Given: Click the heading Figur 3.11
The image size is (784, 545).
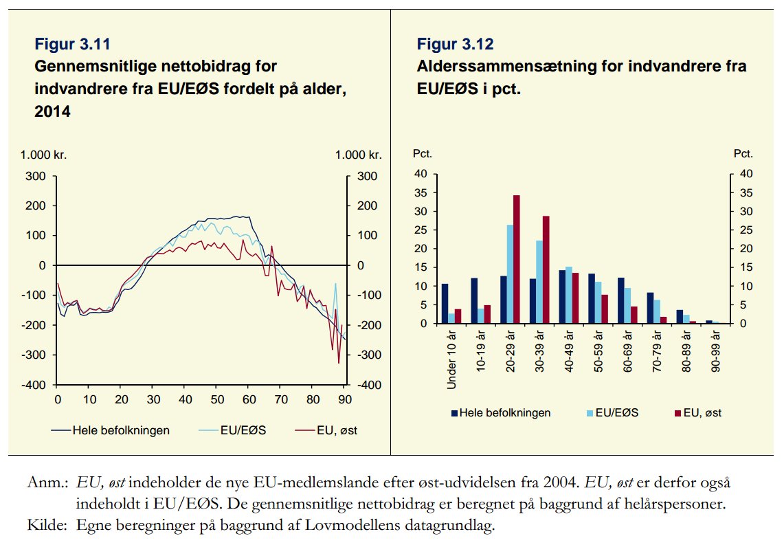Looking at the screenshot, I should pos(72,45).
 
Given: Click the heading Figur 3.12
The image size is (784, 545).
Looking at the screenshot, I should pos(455,45).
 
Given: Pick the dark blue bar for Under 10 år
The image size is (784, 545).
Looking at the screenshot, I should pos(445,303).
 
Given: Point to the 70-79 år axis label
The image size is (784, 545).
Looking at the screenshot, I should pos(657,351).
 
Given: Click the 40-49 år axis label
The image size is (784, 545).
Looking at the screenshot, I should pos(569,351).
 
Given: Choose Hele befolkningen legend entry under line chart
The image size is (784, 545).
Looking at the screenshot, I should pos(111,430).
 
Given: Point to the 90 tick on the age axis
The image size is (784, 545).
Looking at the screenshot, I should pos(345,399).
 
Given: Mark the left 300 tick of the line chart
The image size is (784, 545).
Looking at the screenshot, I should pos(38,177).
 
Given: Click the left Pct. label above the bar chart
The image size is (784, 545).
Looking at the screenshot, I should pos(422,154).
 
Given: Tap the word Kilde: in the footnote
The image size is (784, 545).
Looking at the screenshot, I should pos(45,526).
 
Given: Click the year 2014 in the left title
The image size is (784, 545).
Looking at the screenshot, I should pos(52,111).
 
